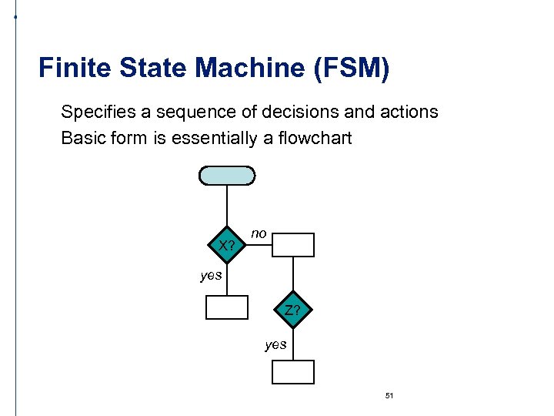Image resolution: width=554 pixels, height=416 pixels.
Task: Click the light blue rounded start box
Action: click(227, 176)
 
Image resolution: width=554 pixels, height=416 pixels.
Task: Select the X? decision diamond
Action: click(226, 246)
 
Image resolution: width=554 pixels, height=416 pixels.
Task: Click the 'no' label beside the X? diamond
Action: click(259, 233)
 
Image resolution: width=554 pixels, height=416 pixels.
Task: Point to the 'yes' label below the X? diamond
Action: click(211, 275)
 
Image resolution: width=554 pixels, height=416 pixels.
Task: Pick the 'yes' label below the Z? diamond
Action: click(275, 344)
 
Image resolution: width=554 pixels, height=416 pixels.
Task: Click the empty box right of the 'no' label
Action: click(294, 244)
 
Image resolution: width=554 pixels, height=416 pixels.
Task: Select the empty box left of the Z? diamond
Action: click(227, 307)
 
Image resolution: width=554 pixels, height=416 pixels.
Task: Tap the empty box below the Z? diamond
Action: click(293, 372)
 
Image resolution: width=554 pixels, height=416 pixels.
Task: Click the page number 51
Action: click(389, 395)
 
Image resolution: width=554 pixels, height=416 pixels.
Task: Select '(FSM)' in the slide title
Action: click(352, 68)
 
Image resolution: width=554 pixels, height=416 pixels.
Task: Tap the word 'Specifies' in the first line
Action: click(97, 112)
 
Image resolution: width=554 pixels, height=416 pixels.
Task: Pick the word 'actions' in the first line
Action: click(408, 112)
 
